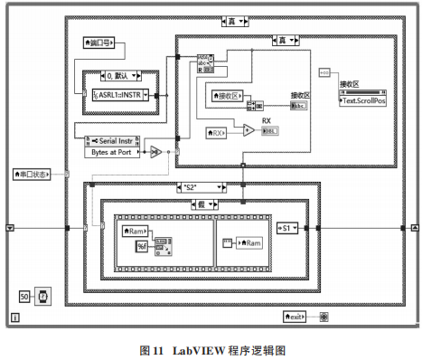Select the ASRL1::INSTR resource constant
tap(122, 93)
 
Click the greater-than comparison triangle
tap(155, 151)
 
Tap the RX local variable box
tap(217, 134)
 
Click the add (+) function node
tap(247, 129)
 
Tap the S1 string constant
tap(287, 228)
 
